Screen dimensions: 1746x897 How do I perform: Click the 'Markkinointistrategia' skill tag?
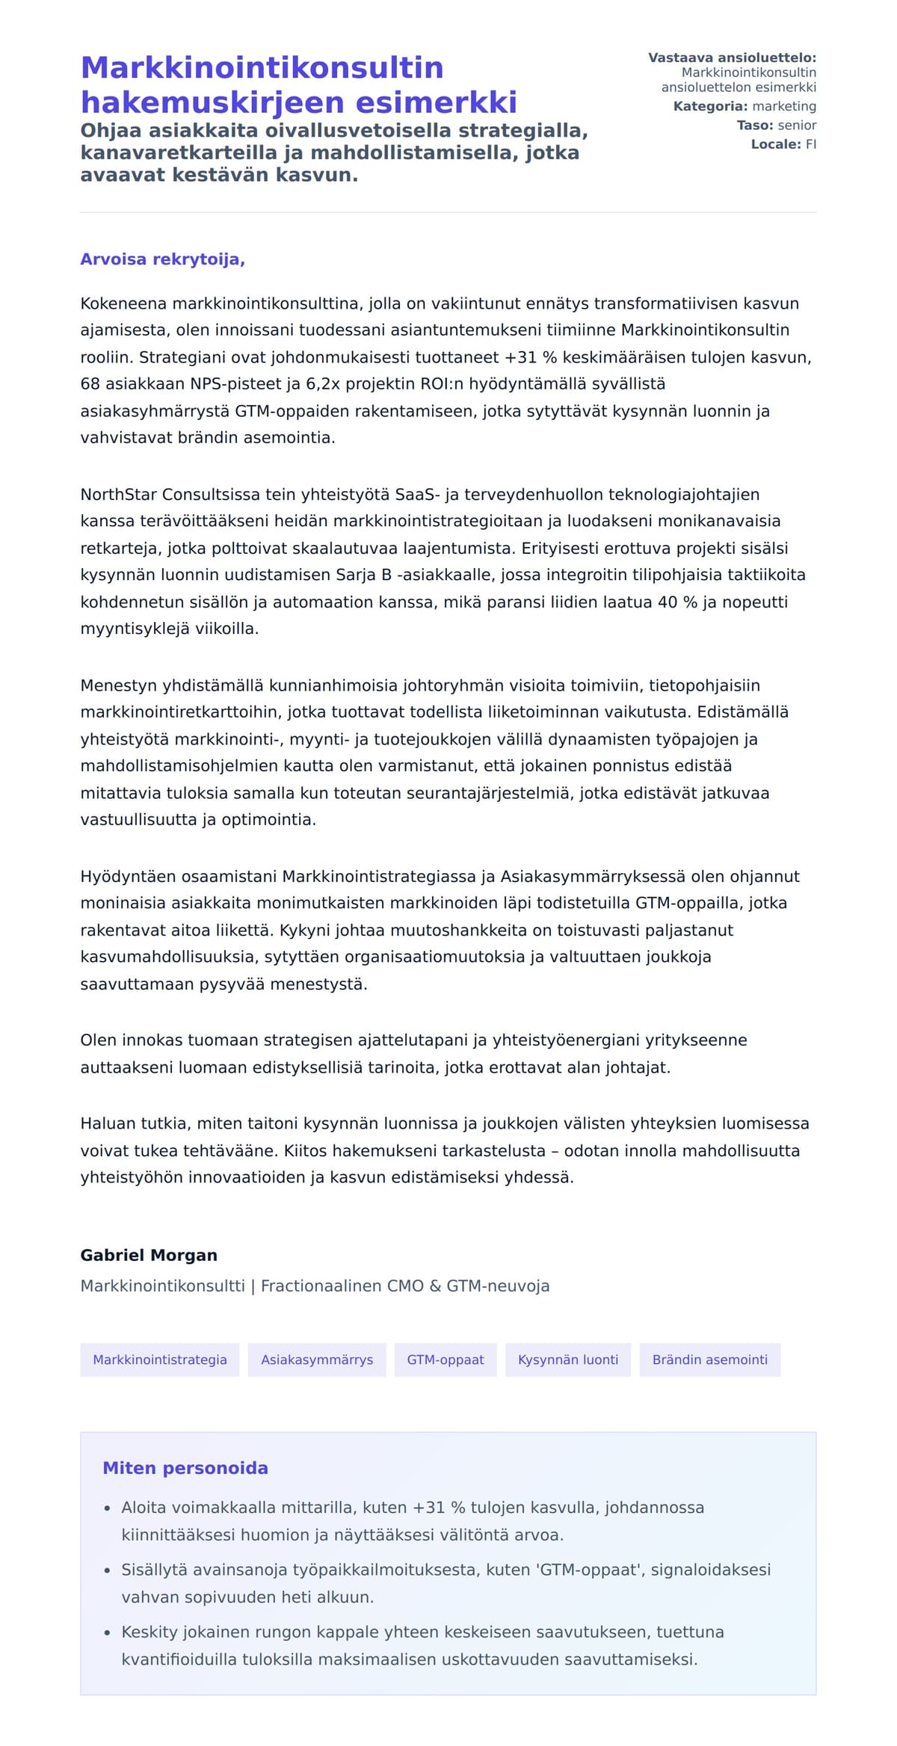click(159, 1360)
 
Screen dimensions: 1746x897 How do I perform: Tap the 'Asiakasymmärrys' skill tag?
click(317, 1360)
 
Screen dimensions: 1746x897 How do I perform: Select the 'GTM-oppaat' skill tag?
click(446, 1360)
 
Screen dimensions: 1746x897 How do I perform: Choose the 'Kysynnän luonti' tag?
click(568, 1360)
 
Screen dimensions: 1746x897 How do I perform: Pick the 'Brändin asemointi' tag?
click(709, 1360)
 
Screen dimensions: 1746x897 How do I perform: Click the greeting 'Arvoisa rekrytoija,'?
click(163, 259)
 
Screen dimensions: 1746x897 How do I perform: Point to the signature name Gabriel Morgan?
click(149, 1255)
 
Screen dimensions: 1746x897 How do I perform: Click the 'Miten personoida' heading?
click(185, 1468)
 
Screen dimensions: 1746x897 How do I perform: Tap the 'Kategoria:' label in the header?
click(710, 106)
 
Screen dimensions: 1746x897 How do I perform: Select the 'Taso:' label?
click(754, 126)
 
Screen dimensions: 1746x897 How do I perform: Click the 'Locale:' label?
click(776, 144)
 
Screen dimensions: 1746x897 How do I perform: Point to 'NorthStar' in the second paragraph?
click(119, 495)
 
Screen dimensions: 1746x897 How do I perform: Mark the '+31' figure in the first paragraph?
click(520, 357)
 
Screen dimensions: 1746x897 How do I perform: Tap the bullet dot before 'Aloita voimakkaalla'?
click(108, 1509)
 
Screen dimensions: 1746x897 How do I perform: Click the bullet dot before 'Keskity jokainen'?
click(108, 1633)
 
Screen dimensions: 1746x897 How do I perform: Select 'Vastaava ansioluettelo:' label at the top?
click(732, 58)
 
